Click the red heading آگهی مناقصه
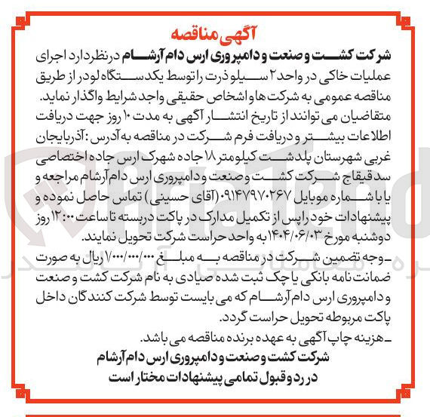(x=216, y=33)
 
